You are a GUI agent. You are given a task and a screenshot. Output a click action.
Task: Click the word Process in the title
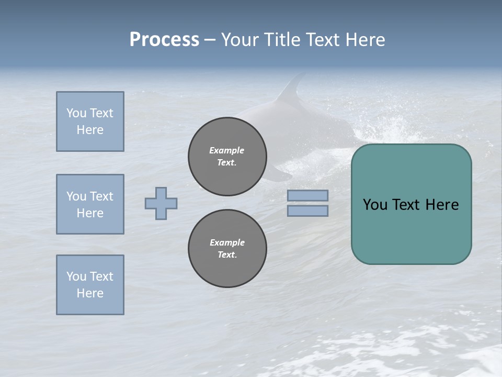point(164,40)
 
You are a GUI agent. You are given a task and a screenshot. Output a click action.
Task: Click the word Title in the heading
point(282,40)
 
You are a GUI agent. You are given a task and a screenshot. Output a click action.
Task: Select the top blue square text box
point(90,121)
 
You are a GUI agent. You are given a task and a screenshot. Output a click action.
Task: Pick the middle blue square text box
point(90,204)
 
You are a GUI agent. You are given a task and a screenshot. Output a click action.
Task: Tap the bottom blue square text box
point(90,285)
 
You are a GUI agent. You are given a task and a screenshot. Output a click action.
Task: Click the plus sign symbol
point(161,203)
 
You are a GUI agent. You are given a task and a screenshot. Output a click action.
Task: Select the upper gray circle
point(227,157)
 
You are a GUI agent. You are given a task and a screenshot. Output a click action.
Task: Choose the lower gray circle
point(227,249)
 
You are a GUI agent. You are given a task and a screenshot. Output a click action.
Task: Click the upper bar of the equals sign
point(307,195)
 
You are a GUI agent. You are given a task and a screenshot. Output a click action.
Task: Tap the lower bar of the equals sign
point(307,210)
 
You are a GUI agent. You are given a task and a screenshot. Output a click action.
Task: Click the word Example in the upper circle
point(227,150)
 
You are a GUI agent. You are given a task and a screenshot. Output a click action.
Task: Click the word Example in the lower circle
point(227,242)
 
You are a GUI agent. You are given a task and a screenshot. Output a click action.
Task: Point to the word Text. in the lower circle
point(227,255)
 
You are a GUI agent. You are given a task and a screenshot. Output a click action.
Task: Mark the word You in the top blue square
point(76,113)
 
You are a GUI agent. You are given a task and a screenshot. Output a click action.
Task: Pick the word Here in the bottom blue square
point(90,293)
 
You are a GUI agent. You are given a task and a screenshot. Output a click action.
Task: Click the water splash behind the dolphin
point(392,126)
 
